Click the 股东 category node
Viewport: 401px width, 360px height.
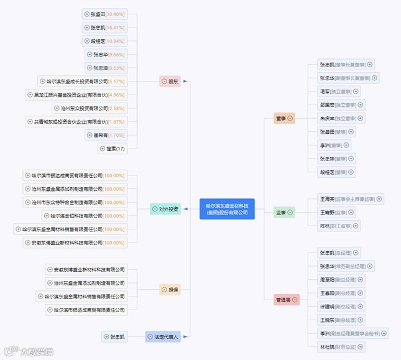[170, 81]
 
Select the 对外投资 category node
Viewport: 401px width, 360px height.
[165, 209]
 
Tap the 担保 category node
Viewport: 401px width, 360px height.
[170, 289]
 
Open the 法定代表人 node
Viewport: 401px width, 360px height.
[163, 336]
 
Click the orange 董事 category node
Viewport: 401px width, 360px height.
[284, 118]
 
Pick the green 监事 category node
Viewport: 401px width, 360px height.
[284, 213]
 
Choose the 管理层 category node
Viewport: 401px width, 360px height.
[287, 300]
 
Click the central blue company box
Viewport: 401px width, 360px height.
[228, 209]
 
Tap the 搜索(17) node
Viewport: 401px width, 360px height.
[113, 149]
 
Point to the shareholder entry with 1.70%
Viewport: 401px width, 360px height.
[106, 135]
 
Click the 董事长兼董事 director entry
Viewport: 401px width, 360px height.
[346, 64]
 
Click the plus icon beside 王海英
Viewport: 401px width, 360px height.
[379, 199]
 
